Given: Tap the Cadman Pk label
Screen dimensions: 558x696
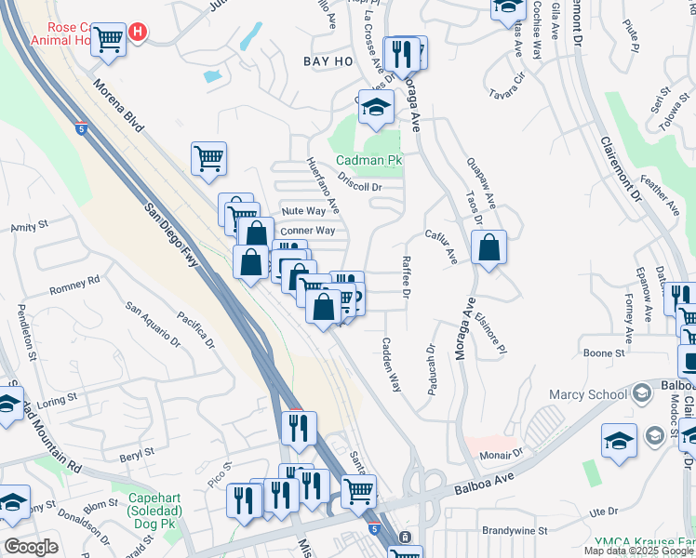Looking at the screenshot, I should tap(368, 160).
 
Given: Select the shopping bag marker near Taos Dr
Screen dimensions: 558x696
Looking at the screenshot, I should tap(489, 248).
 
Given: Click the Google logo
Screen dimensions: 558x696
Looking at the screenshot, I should tap(31, 547).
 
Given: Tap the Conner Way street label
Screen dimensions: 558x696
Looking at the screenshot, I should tap(307, 231).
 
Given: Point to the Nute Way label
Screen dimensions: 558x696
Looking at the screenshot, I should tap(303, 211).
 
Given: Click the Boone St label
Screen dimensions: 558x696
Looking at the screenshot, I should tap(603, 353).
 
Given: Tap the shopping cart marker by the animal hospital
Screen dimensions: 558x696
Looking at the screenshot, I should tap(109, 40).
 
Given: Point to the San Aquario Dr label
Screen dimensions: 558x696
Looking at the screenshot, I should tap(152, 320).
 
